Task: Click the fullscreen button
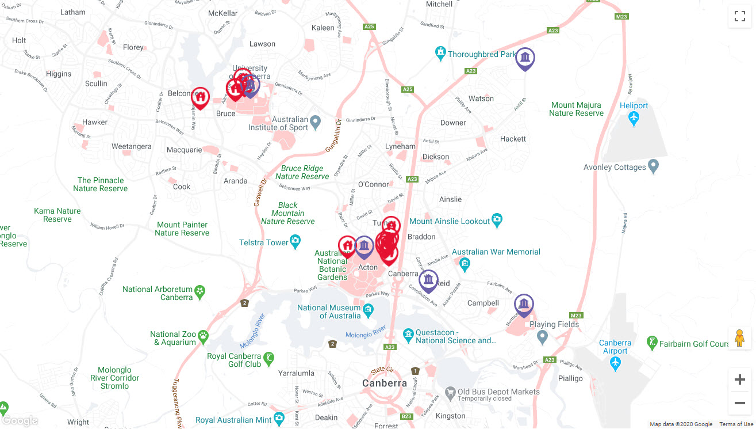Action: click(x=739, y=16)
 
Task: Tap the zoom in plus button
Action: click(x=739, y=379)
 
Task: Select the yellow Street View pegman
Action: click(x=739, y=339)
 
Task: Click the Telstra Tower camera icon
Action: click(x=296, y=240)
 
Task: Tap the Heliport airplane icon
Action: click(x=634, y=119)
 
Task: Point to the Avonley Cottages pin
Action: click(x=653, y=167)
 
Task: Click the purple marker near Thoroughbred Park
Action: click(x=525, y=59)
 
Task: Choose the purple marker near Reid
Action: click(x=428, y=281)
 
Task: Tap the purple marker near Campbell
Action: click(x=524, y=305)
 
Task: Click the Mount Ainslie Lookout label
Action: click(x=450, y=221)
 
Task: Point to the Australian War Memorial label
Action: click(x=496, y=252)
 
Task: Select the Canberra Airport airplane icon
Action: click(x=615, y=364)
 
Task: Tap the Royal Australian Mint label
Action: click(x=233, y=420)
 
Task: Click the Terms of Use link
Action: click(x=736, y=424)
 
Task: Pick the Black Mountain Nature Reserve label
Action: click(x=288, y=213)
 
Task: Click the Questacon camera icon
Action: click(x=408, y=334)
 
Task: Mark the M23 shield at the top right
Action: click(x=621, y=17)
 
